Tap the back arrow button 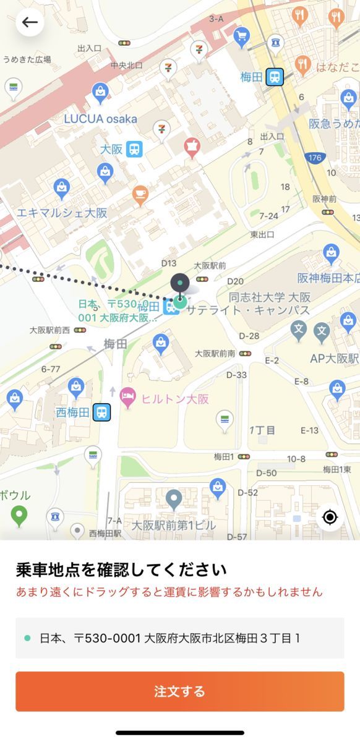pos(30,23)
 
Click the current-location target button pos(330,517)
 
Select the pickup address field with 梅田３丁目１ pos(179,638)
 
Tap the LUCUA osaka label pos(101,118)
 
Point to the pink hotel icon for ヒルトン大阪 pos(128,397)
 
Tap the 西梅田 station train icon pos(101,412)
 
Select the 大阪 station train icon pos(134,149)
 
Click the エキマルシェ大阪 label pos(62,213)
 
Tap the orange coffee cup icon pos(140,196)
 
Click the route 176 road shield pos(315,158)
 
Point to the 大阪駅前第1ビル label pos(174,526)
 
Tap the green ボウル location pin pos(19,515)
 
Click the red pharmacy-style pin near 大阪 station pos(192,147)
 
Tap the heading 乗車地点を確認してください pos(121,569)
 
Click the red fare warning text pos(169,592)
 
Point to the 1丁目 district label pos(262,430)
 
